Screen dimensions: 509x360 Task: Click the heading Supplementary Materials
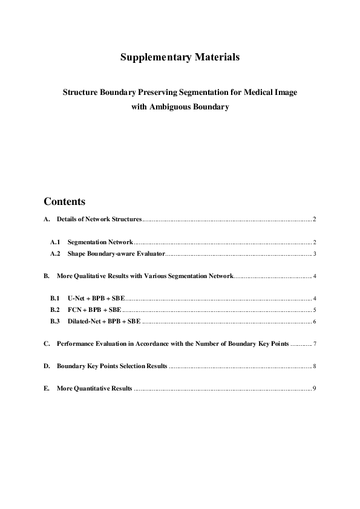click(x=180, y=57)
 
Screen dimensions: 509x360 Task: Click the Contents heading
click(x=64, y=201)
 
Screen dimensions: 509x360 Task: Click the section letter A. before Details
click(x=47, y=219)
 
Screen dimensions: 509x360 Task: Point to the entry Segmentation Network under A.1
click(x=100, y=242)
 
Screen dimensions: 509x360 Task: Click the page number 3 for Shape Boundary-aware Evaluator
click(x=315, y=253)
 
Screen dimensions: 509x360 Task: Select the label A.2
click(x=55, y=253)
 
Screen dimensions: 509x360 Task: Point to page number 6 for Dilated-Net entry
click(x=315, y=321)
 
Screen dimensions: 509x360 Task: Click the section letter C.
click(x=47, y=343)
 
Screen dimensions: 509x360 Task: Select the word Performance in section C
click(x=74, y=343)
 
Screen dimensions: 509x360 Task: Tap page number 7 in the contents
click(x=315, y=343)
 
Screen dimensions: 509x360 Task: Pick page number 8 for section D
click(x=315, y=366)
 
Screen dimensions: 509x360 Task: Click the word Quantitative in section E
click(x=91, y=389)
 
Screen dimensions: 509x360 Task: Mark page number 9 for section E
click(x=315, y=389)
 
